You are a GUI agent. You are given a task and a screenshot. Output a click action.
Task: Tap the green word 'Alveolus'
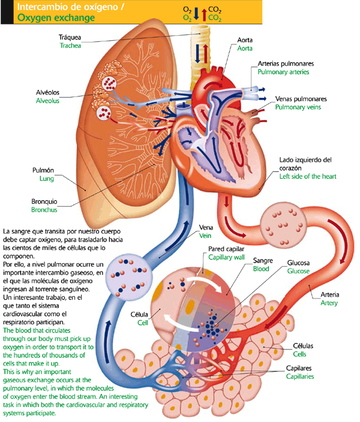[x=48, y=101]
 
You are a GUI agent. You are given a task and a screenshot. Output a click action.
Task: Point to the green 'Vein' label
[x=205, y=236]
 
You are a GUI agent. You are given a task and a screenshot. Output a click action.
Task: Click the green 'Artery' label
[x=329, y=303]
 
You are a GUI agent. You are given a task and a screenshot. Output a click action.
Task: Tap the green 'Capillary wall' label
[x=227, y=257]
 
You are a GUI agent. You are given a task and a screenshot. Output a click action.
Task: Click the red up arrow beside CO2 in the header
[x=205, y=13]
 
